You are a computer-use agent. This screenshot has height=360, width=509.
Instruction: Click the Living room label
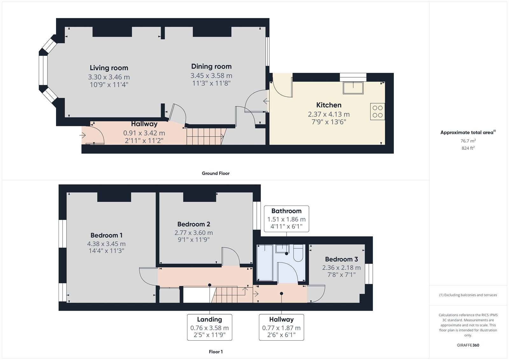109,68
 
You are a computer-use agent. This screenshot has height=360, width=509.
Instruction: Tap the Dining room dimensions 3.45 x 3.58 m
211,75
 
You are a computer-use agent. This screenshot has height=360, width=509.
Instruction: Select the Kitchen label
329,105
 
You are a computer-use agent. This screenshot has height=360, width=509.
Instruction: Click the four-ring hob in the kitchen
377,112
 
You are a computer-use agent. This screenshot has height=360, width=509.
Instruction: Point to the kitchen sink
353,88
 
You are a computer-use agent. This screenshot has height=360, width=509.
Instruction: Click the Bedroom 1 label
106,235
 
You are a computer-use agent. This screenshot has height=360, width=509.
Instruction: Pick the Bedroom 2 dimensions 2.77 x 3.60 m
194,233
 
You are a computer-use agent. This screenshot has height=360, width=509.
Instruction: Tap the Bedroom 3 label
341,259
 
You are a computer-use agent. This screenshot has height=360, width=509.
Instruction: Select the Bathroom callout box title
286,211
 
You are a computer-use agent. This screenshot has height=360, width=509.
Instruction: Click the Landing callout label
210,320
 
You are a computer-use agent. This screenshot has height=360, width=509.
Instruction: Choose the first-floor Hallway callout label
281,320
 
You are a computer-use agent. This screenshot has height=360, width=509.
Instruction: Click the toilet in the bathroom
298,253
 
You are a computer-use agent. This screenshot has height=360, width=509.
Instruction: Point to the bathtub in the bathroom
265,262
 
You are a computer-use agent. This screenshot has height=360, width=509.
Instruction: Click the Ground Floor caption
216,173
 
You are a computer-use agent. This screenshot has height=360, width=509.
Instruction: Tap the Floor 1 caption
216,352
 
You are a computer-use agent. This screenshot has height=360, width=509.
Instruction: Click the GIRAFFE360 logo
468,345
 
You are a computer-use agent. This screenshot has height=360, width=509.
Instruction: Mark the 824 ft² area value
468,148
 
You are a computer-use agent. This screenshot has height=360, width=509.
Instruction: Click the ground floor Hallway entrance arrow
82,136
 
